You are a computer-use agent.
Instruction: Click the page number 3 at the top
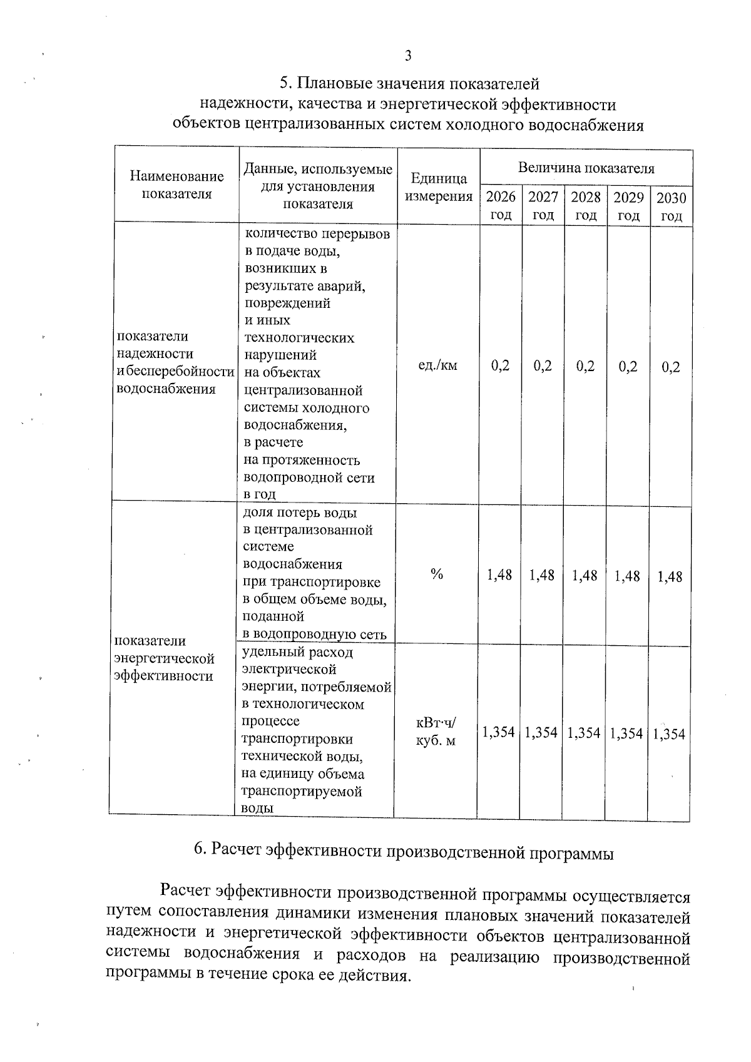(408, 56)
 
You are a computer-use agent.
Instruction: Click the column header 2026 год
(501, 206)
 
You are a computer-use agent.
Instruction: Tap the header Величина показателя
(586, 168)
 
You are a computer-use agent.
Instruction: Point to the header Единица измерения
(439, 187)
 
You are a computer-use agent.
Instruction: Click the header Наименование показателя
(176, 185)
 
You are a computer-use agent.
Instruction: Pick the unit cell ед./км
(437, 365)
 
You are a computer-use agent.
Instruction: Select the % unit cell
(437, 574)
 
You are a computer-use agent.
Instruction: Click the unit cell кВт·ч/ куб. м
(436, 732)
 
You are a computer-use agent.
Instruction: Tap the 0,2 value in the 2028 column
(585, 367)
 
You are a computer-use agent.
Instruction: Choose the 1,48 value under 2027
(542, 575)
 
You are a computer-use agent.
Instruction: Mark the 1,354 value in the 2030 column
(669, 734)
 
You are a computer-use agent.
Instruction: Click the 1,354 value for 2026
(499, 732)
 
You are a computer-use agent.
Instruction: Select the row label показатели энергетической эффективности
(164, 658)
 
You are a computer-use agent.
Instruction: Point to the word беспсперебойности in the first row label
(180, 372)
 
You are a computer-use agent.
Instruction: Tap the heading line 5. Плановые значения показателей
(409, 84)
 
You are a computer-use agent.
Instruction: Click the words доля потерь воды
(300, 513)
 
